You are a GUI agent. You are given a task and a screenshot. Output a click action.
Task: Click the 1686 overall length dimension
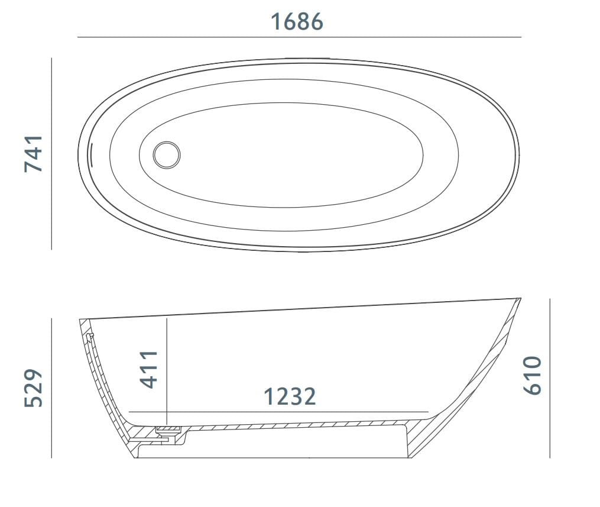pyautogui.click(x=297, y=21)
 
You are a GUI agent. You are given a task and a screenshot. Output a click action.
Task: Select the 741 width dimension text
pyautogui.click(x=34, y=154)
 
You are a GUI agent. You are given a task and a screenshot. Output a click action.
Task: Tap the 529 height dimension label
pyautogui.click(x=34, y=388)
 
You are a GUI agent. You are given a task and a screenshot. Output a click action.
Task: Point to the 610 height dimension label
pyautogui.click(x=532, y=375)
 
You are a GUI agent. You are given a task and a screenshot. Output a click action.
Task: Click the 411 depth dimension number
pyautogui.click(x=150, y=369)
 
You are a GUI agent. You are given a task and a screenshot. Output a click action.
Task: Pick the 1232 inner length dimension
pyautogui.click(x=289, y=396)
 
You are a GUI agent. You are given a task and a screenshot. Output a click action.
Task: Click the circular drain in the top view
pyautogui.click(x=166, y=155)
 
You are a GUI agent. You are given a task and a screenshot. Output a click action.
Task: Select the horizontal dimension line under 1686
pyautogui.click(x=299, y=37)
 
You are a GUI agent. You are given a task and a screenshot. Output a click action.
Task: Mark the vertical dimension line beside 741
pyautogui.click(x=52, y=154)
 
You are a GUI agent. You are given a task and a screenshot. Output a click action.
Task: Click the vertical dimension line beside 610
pyautogui.click(x=550, y=379)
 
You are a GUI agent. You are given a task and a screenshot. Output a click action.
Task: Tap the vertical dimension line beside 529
pyautogui.click(x=52, y=388)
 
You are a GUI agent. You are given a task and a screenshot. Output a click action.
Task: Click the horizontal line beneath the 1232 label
pyautogui.click(x=278, y=411)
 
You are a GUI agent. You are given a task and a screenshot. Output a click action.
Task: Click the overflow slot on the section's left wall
pyautogui.click(x=89, y=338)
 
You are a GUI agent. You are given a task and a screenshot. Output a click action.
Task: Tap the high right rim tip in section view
pyautogui.click(x=519, y=299)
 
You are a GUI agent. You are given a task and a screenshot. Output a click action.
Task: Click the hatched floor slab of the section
pyautogui.click(x=296, y=425)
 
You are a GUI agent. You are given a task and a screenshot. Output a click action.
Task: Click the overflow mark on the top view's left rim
pyautogui.click(x=91, y=155)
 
